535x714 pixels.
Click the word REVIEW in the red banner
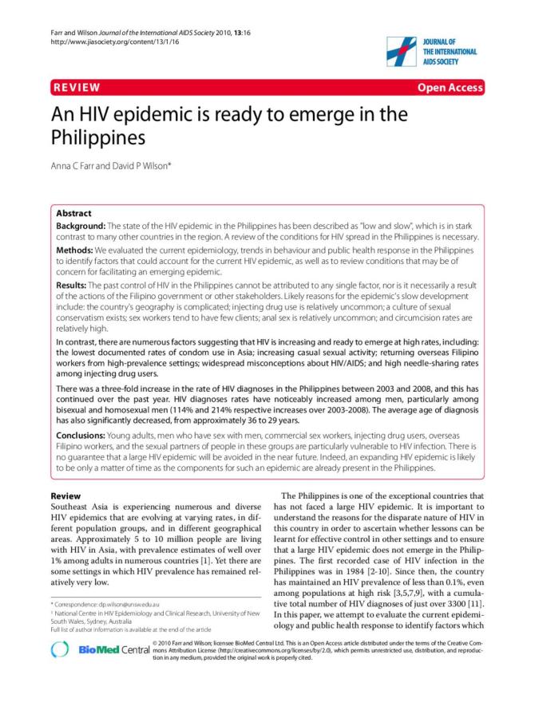tap(76, 87)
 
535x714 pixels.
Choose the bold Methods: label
tap(76, 250)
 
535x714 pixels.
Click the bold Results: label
tap(74, 285)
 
